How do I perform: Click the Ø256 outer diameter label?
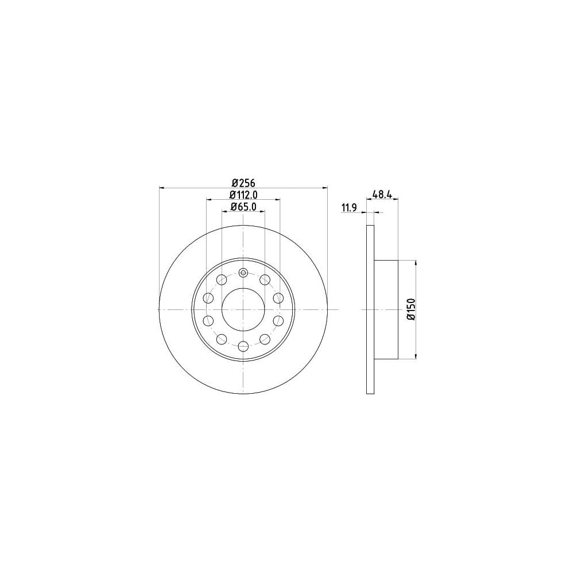(243, 183)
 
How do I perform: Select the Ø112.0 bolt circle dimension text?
(243, 195)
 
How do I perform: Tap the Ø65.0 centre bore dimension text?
(243, 207)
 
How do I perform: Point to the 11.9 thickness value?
(349, 208)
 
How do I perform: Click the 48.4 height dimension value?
(382, 194)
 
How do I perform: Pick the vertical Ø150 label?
(412, 310)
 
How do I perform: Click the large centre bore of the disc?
(243, 310)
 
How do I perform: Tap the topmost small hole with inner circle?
(243, 273)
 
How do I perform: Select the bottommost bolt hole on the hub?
(243, 346)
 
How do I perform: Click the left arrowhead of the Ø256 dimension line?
(161, 188)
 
